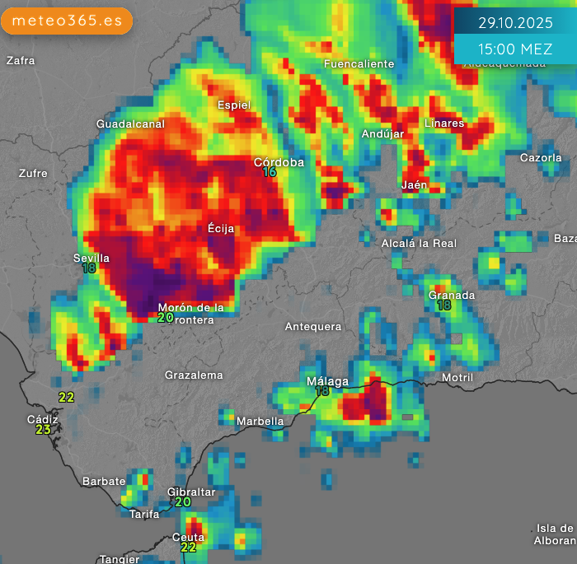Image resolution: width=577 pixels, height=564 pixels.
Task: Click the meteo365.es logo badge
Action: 67,20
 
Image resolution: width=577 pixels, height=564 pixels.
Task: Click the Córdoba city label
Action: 279,162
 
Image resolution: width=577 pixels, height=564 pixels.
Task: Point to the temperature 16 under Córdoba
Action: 270,173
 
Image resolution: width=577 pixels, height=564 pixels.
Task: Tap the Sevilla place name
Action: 91,258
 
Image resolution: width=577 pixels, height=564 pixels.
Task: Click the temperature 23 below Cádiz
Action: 43,430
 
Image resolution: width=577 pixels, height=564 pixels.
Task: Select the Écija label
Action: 221,229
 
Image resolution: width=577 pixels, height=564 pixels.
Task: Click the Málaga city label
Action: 327,381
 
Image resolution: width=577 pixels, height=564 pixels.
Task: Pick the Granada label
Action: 452,295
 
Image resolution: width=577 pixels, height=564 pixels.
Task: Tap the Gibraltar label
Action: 191,492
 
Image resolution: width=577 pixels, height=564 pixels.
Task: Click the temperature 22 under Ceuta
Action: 188,547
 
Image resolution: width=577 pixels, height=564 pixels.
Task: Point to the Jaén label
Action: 415,184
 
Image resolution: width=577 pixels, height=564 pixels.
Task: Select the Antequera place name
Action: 313,327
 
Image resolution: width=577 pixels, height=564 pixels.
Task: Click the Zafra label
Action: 21,60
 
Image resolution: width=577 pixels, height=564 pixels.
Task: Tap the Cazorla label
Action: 541,157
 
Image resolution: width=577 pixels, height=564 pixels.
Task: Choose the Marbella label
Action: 260,422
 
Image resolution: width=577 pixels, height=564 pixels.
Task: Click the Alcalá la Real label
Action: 419,243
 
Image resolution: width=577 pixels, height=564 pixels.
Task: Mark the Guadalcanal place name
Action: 130,124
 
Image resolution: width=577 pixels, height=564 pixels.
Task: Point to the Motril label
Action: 457,378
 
